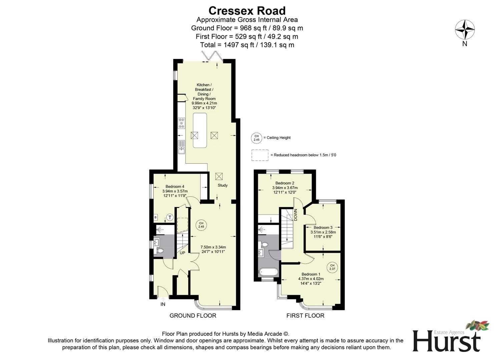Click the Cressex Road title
(x=247, y=11)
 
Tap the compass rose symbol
(x=465, y=30)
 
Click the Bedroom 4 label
(x=175, y=187)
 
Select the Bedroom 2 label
(x=285, y=183)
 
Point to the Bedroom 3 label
(x=323, y=228)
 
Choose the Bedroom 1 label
(x=311, y=274)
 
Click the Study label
(x=222, y=185)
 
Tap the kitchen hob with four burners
(x=181, y=123)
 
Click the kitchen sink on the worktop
(x=181, y=147)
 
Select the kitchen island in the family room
(x=200, y=130)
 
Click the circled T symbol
(x=170, y=218)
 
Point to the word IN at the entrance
(x=163, y=304)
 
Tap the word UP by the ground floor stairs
(x=182, y=253)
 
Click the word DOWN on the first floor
(x=295, y=215)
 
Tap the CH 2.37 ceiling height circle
(x=332, y=267)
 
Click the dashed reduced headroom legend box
(x=260, y=155)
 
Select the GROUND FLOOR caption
(x=193, y=316)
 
